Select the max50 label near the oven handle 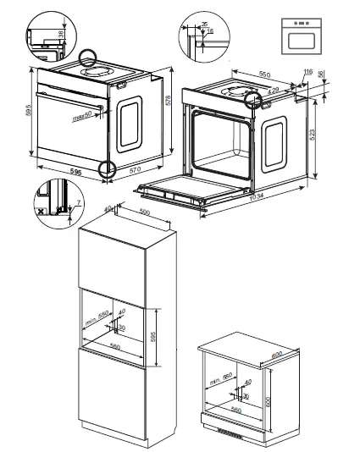(82, 119)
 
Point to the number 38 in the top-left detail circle (62, 35)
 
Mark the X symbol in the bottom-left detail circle (40, 207)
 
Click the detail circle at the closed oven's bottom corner (107, 170)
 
